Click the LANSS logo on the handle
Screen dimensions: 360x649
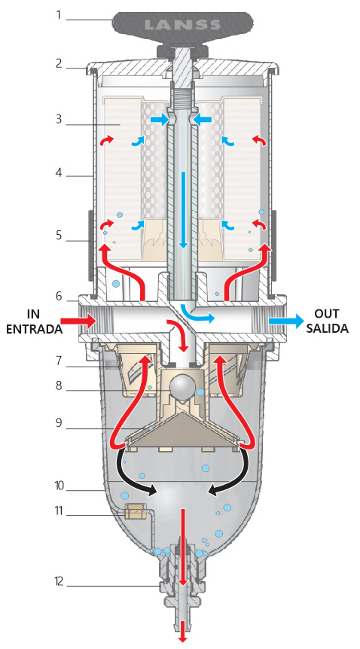click(182, 25)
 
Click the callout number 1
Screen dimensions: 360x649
click(59, 16)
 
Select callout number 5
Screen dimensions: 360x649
click(59, 236)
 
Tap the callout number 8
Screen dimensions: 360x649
click(59, 385)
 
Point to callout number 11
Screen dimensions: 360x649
click(59, 511)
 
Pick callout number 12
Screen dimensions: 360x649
click(59, 581)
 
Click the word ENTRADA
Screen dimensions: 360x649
click(35, 329)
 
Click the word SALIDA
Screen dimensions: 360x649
click(331, 328)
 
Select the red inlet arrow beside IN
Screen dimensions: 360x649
click(78, 321)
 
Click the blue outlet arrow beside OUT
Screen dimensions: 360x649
click(286, 321)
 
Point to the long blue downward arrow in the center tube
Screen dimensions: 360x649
click(184, 209)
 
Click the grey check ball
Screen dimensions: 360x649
click(183, 386)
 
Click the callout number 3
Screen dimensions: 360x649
click(59, 120)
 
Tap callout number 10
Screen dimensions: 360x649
click(59, 486)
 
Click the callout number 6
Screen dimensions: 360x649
click(59, 297)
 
